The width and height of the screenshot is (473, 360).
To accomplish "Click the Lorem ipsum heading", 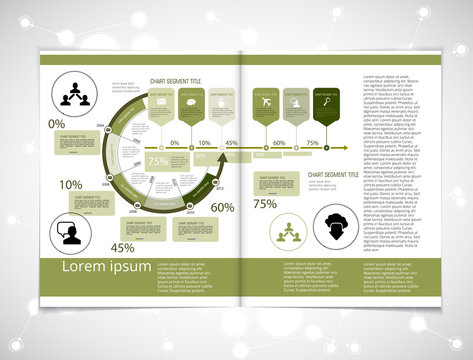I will (107, 267).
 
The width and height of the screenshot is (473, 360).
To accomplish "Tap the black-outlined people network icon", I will (72, 93).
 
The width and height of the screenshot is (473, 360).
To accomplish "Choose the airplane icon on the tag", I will (264, 101).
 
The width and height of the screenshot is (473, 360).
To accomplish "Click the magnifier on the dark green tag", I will (325, 101).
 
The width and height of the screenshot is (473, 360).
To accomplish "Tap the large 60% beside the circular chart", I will (223, 208).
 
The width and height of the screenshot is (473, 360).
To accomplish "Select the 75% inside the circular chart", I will (158, 161).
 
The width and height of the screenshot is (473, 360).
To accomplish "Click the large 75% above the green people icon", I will (265, 204).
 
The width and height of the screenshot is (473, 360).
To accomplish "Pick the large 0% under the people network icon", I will (56, 124).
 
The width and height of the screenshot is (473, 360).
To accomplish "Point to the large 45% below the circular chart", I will (122, 247).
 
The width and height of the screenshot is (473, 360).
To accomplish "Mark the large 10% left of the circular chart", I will (70, 185).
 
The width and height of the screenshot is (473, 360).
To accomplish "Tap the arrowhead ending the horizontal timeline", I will (345, 150).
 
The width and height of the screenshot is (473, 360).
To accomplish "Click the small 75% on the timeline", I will (312, 143).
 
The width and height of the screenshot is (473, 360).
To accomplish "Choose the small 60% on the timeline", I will (279, 143).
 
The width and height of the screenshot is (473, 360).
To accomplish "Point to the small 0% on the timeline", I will (175, 143).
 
